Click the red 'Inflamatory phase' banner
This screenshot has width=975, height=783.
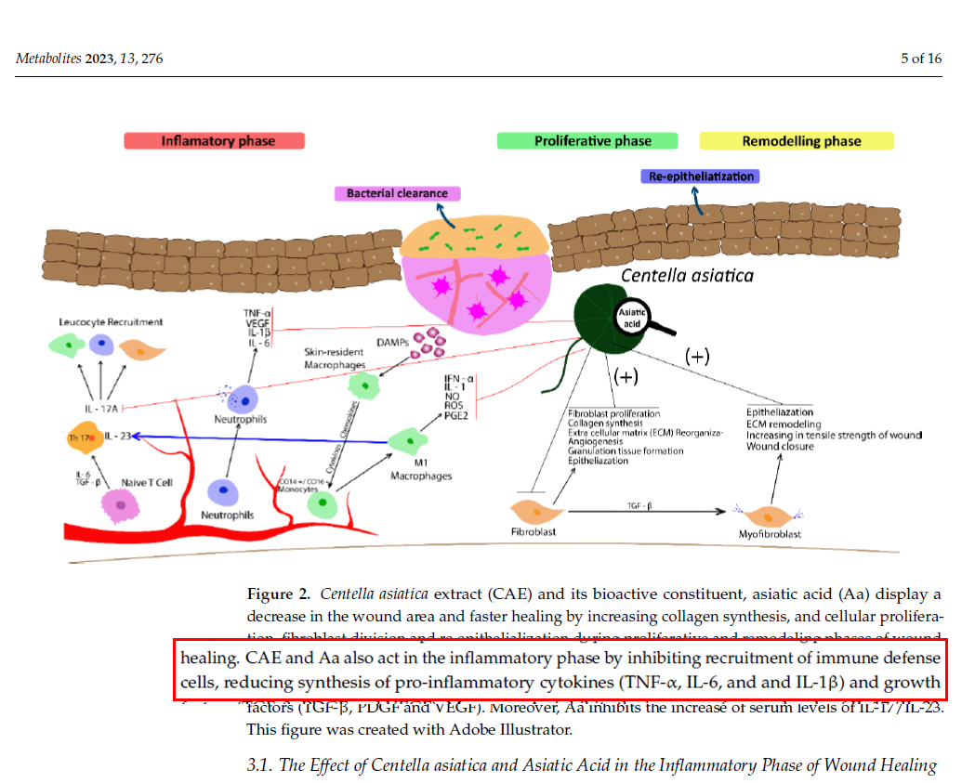click(214, 141)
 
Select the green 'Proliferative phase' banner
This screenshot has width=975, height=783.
click(592, 141)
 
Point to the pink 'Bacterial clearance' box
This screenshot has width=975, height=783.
click(397, 193)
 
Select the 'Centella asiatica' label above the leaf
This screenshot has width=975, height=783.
click(687, 275)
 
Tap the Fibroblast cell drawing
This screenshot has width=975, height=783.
click(538, 510)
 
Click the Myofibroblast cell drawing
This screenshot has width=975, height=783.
click(770, 514)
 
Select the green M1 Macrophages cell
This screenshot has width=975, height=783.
click(406, 439)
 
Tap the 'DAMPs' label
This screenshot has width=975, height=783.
click(393, 341)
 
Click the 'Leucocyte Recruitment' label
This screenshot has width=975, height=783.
click(111, 322)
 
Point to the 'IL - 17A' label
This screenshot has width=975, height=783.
click(103, 408)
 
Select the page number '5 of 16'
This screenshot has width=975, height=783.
click(921, 59)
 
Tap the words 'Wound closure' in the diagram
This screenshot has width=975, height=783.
click(780, 447)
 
